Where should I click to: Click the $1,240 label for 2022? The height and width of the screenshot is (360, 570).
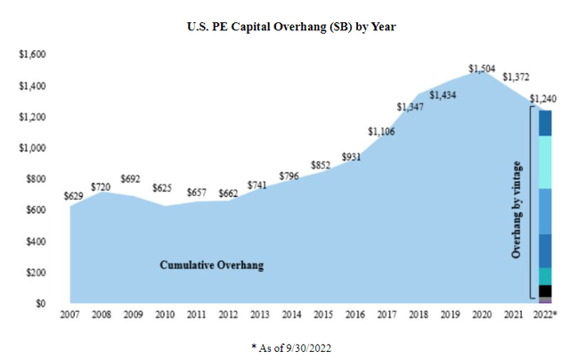545,98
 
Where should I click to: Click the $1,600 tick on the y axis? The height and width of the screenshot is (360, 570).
31,55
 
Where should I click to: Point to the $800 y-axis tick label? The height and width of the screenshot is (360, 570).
35,179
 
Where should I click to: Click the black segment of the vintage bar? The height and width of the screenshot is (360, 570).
545,290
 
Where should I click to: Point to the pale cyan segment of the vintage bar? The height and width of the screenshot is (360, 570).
545,161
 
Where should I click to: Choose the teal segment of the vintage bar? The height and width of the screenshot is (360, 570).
545,275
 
